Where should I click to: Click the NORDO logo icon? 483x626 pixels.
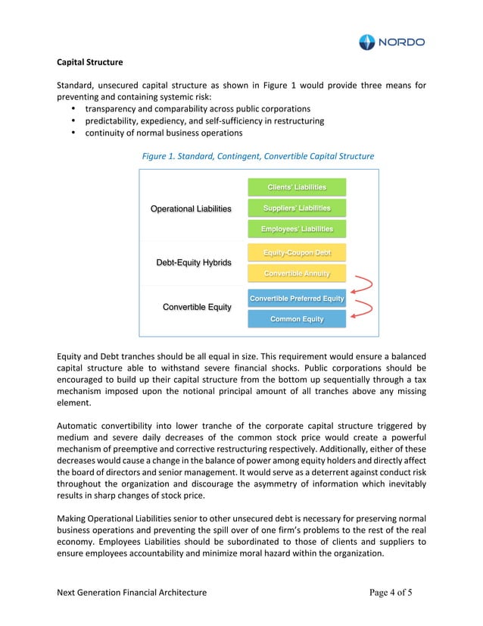click(x=366, y=42)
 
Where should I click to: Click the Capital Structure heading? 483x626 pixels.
click(x=91, y=61)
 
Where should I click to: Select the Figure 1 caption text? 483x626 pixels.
click(x=258, y=156)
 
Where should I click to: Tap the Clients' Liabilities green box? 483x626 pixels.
click(x=297, y=187)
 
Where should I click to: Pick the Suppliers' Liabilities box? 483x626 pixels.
click(x=297, y=208)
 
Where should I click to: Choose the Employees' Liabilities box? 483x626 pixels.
click(x=297, y=229)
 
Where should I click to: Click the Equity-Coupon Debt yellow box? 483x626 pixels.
click(x=297, y=252)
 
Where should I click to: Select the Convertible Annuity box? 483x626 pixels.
click(x=297, y=273)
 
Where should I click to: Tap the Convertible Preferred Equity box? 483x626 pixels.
click(x=297, y=299)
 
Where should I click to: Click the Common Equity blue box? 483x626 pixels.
click(x=297, y=319)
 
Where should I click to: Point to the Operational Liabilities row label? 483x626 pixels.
click(x=191, y=208)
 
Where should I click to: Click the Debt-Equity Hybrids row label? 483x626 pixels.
click(x=193, y=263)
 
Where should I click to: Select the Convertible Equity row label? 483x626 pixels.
click(x=197, y=307)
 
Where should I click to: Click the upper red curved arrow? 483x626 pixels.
click(x=361, y=284)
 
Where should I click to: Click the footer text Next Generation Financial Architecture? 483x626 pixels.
click(x=132, y=592)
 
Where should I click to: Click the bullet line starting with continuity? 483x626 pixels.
click(x=163, y=133)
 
